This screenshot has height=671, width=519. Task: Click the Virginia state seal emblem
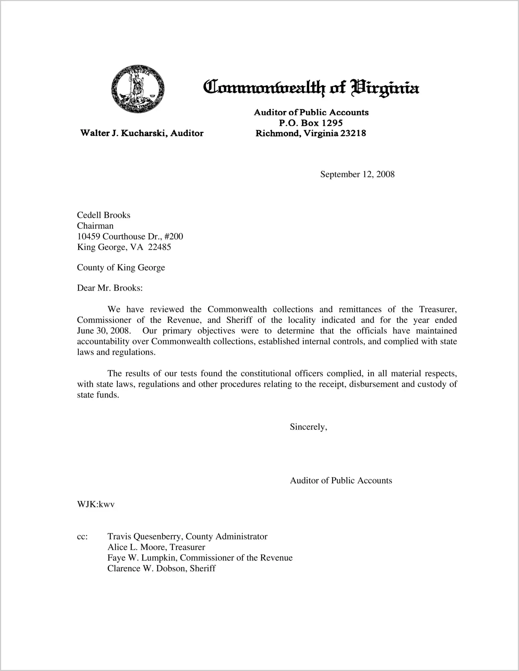click(138, 89)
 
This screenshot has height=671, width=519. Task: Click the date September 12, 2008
click(357, 174)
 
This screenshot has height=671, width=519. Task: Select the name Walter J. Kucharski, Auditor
click(142, 133)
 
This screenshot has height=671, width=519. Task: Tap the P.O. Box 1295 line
click(311, 123)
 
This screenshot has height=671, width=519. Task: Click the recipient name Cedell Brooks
click(104, 215)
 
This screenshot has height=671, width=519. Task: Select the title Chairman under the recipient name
click(95, 226)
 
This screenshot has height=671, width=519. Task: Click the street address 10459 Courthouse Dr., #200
click(130, 237)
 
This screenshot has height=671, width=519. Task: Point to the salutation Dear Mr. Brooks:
click(110, 288)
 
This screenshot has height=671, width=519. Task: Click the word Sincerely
click(308, 427)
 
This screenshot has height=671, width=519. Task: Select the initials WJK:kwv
click(96, 505)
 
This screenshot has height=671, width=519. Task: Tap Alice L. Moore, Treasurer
click(156, 547)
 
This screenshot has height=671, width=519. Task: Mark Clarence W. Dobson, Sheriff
click(162, 569)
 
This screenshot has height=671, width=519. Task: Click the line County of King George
click(121, 268)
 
